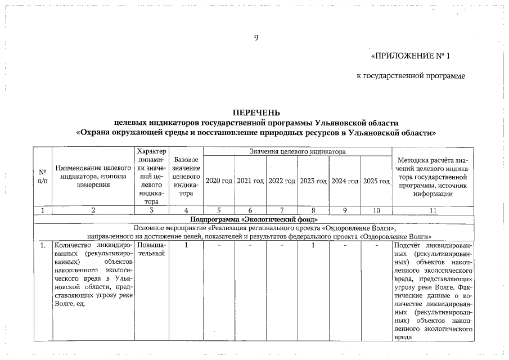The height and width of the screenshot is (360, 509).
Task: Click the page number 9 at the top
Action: coord(256,38)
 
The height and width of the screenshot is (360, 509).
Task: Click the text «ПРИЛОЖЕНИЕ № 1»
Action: coord(411,56)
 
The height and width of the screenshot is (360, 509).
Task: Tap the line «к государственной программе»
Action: coord(411,76)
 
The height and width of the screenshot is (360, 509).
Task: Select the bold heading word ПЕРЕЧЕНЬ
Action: coord(256,113)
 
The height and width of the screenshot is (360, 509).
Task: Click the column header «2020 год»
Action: coord(219,181)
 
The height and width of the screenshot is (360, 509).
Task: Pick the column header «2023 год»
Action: coord(313,181)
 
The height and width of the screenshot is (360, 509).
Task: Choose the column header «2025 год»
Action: coord(376,181)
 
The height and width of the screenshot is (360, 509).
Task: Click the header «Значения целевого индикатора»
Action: coord(297,151)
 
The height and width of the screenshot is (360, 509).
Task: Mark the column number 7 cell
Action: coord(282,210)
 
